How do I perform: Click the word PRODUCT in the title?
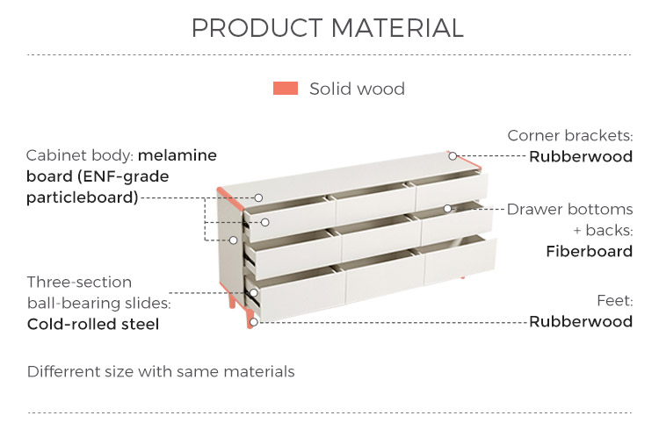[x=257, y=28]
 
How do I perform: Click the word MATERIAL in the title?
[x=397, y=28]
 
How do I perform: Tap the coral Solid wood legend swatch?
[x=286, y=88]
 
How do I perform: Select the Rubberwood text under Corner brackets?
[x=581, y=156]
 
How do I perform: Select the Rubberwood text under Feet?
[x=581, y=321]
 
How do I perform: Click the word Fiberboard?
[x=590, y=251]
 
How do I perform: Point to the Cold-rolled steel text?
[x=93, y=324]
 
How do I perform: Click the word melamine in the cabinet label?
[x=177, y=155]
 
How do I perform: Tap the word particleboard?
[x=83, y=197]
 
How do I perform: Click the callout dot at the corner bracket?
[x=453, y=156]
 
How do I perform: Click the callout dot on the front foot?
[x=253, y=322]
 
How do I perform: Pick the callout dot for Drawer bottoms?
[x=447, y=208]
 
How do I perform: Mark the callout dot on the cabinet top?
[x=258, y=197]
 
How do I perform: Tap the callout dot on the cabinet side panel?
[x=233, y=240]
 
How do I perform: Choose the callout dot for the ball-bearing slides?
[x=253, y=293]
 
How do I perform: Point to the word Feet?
[x=615, y=301]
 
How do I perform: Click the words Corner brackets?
[x=570, y=135]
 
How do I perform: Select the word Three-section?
[x=79, y=282]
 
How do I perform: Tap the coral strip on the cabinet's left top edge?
[x=230, y=199]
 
